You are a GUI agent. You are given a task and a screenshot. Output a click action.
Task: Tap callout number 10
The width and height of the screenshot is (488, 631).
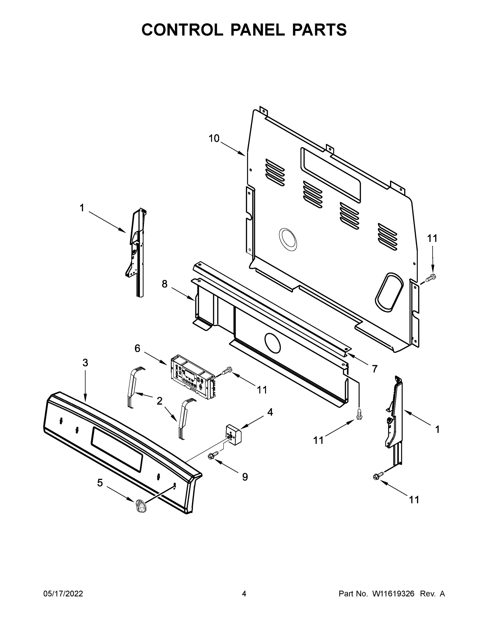(214, 139)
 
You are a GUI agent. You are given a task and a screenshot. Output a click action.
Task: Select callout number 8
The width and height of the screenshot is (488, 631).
(164, 284)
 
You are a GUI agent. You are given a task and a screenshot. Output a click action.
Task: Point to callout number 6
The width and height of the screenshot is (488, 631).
(137, 348)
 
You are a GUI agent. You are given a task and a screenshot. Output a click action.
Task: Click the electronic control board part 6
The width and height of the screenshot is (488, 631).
(192, 377)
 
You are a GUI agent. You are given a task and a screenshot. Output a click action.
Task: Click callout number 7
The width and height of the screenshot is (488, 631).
(374, 369)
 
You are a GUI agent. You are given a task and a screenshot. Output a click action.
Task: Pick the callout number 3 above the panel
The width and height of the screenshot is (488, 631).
(85, 363)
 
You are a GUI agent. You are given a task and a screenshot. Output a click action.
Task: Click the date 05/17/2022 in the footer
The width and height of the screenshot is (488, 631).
(63, 594)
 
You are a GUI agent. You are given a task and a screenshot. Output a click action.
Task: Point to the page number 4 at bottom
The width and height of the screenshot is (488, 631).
(244, 594)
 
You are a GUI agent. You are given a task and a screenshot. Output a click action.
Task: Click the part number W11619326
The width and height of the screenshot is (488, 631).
(393, 594)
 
